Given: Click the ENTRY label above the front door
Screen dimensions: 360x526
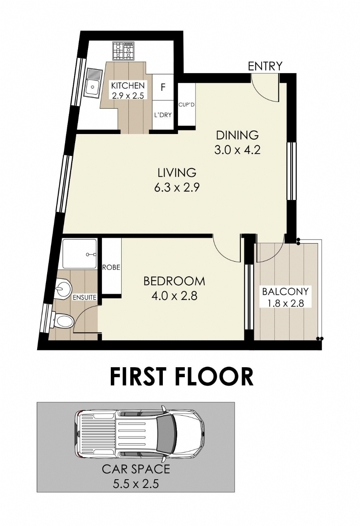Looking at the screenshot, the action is tap(265, 66).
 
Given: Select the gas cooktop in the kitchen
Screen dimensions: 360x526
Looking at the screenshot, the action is tap(123, 50).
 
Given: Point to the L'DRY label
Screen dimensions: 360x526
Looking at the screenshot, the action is tap(163, 115).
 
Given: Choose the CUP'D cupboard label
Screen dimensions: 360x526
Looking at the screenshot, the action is tap(187, 105).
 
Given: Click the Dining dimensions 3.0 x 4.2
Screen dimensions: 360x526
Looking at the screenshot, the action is tap(237, 150).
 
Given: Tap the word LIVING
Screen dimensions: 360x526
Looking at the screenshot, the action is tap(177, 172).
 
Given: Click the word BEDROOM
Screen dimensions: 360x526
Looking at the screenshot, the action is tap(174, 281).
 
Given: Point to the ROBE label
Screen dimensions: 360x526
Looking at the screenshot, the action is tap(111, 267).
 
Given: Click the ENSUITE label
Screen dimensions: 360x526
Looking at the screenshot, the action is tap(84, 298).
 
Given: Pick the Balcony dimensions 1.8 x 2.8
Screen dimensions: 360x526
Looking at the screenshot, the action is tap(285, 303).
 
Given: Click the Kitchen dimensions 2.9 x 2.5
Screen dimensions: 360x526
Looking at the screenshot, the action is tap(128, 96).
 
